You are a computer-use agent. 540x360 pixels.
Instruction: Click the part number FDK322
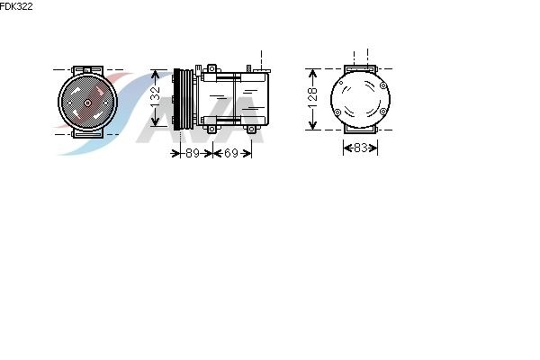point(16,6)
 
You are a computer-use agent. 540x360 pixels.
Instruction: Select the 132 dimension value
point(156,97)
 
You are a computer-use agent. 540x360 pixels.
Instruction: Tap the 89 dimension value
point(193,153)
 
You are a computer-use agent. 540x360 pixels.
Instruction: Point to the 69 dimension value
point(231,153)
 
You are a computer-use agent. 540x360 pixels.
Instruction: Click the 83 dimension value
point(360,148)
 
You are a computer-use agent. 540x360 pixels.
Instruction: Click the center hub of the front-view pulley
point(87,103)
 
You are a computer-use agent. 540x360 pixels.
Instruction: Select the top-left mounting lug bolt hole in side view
point(211,69)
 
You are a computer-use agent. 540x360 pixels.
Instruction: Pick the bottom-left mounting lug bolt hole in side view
point(211,130)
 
